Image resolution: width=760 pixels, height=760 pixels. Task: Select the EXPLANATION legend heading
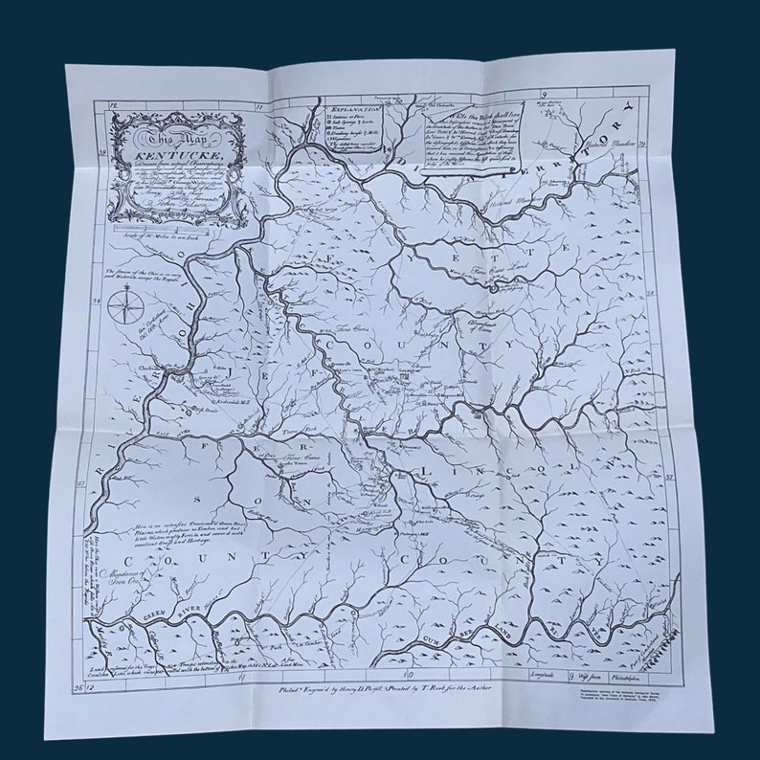click(352, 111)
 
